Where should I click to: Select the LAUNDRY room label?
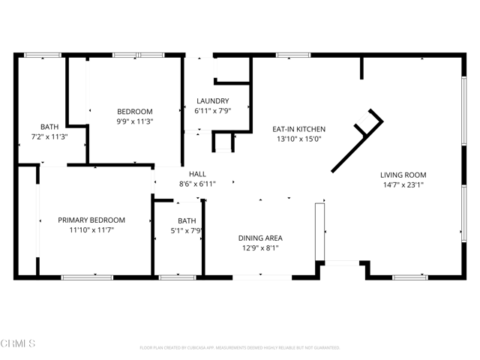click(212, 101)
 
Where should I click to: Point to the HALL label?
click(197, 173)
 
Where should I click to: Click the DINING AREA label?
click(260, 238)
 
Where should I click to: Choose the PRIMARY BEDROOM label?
click(91, 220)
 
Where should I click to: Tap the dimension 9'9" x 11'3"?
click(135, 121)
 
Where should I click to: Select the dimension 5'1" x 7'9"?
click(187, 230)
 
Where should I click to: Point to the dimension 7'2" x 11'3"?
click(49, 136)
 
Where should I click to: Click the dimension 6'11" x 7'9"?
click(212, 111)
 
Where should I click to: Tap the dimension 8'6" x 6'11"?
click(197, 183)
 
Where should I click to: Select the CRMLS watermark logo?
click(18, 344)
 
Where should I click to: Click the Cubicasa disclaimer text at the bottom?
click(240, 347)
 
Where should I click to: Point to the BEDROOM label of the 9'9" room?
click(135, 111)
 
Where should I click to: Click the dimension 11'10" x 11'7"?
click(91, 229)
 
